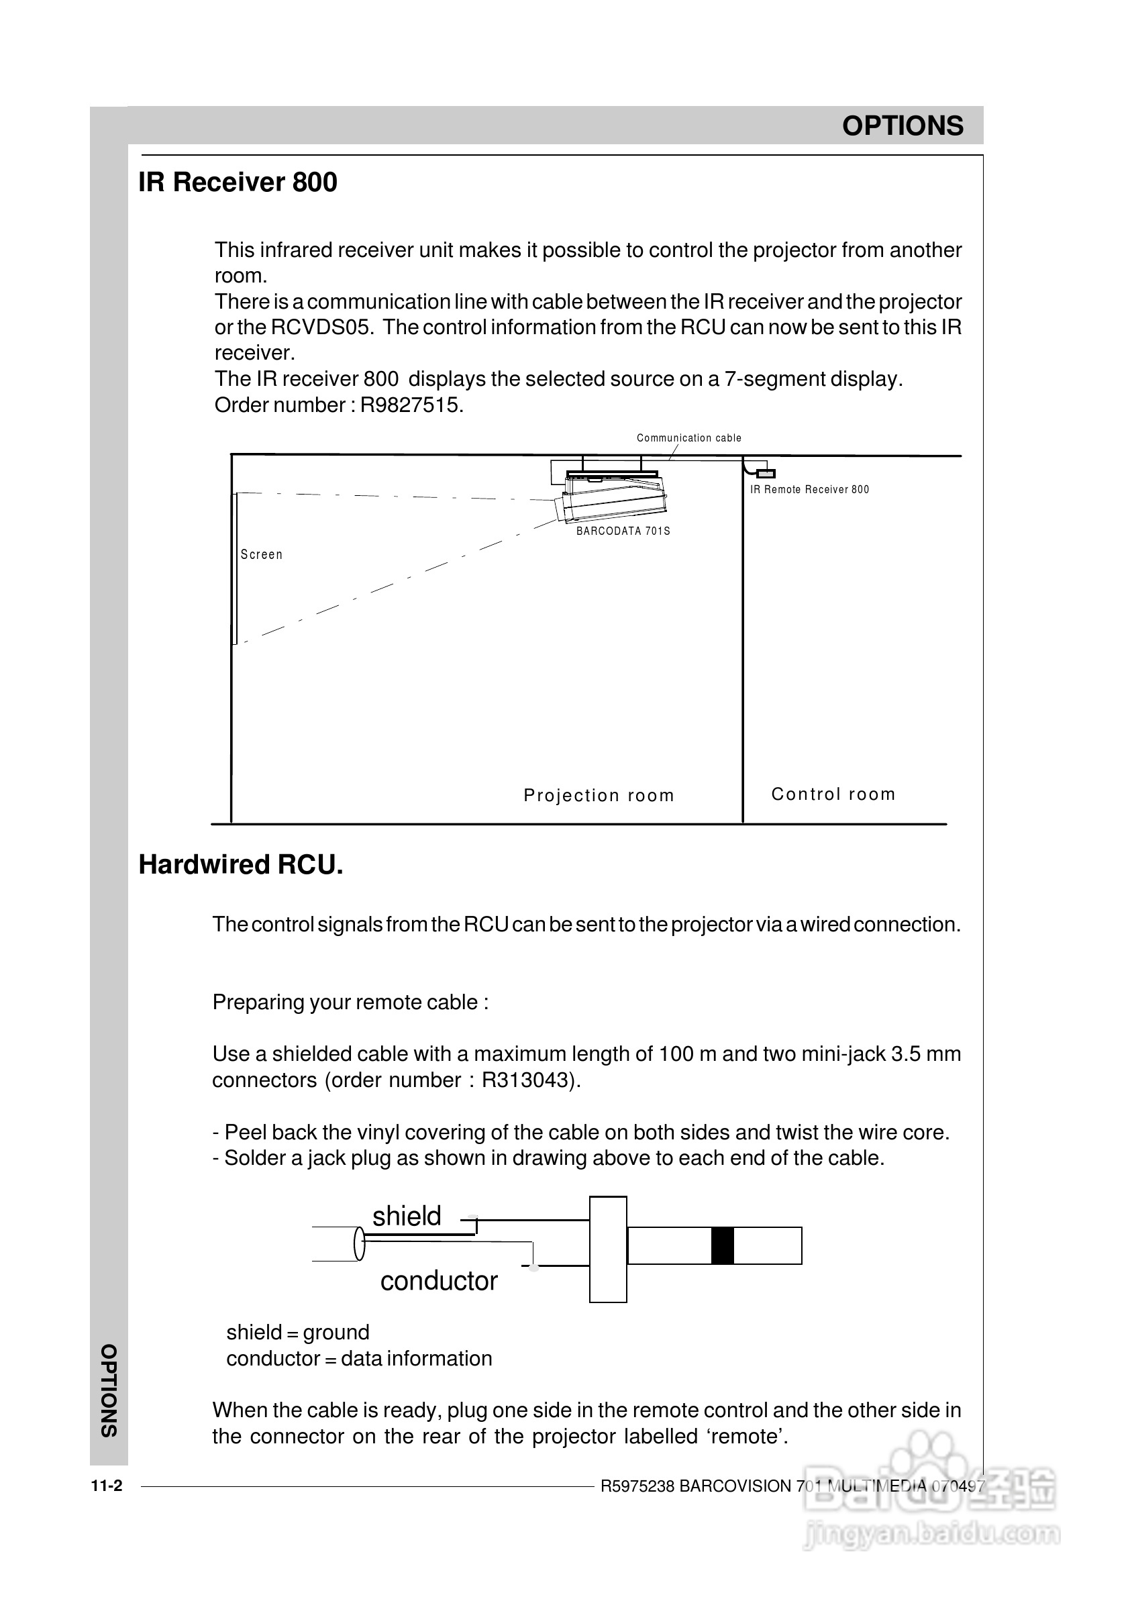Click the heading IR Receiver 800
pos(238,183)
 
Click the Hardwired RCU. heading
pos(241,865)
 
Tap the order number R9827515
pos(411,405)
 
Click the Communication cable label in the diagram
pos(689,437)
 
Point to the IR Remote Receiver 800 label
pos(809,490)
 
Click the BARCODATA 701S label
pos(623,531)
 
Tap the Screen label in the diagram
pos(262,555)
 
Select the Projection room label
pos(599,795)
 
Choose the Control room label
pos(833,794)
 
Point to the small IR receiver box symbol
pos(766,474)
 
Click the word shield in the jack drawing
pos(407,1217)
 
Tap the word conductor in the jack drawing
pos(438,1281)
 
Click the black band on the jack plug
pos(722,1245)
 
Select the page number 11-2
pos(107,1486)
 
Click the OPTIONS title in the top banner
pos(903,126)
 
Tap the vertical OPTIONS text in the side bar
pos(109,1391)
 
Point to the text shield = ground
pos(297,1332)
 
